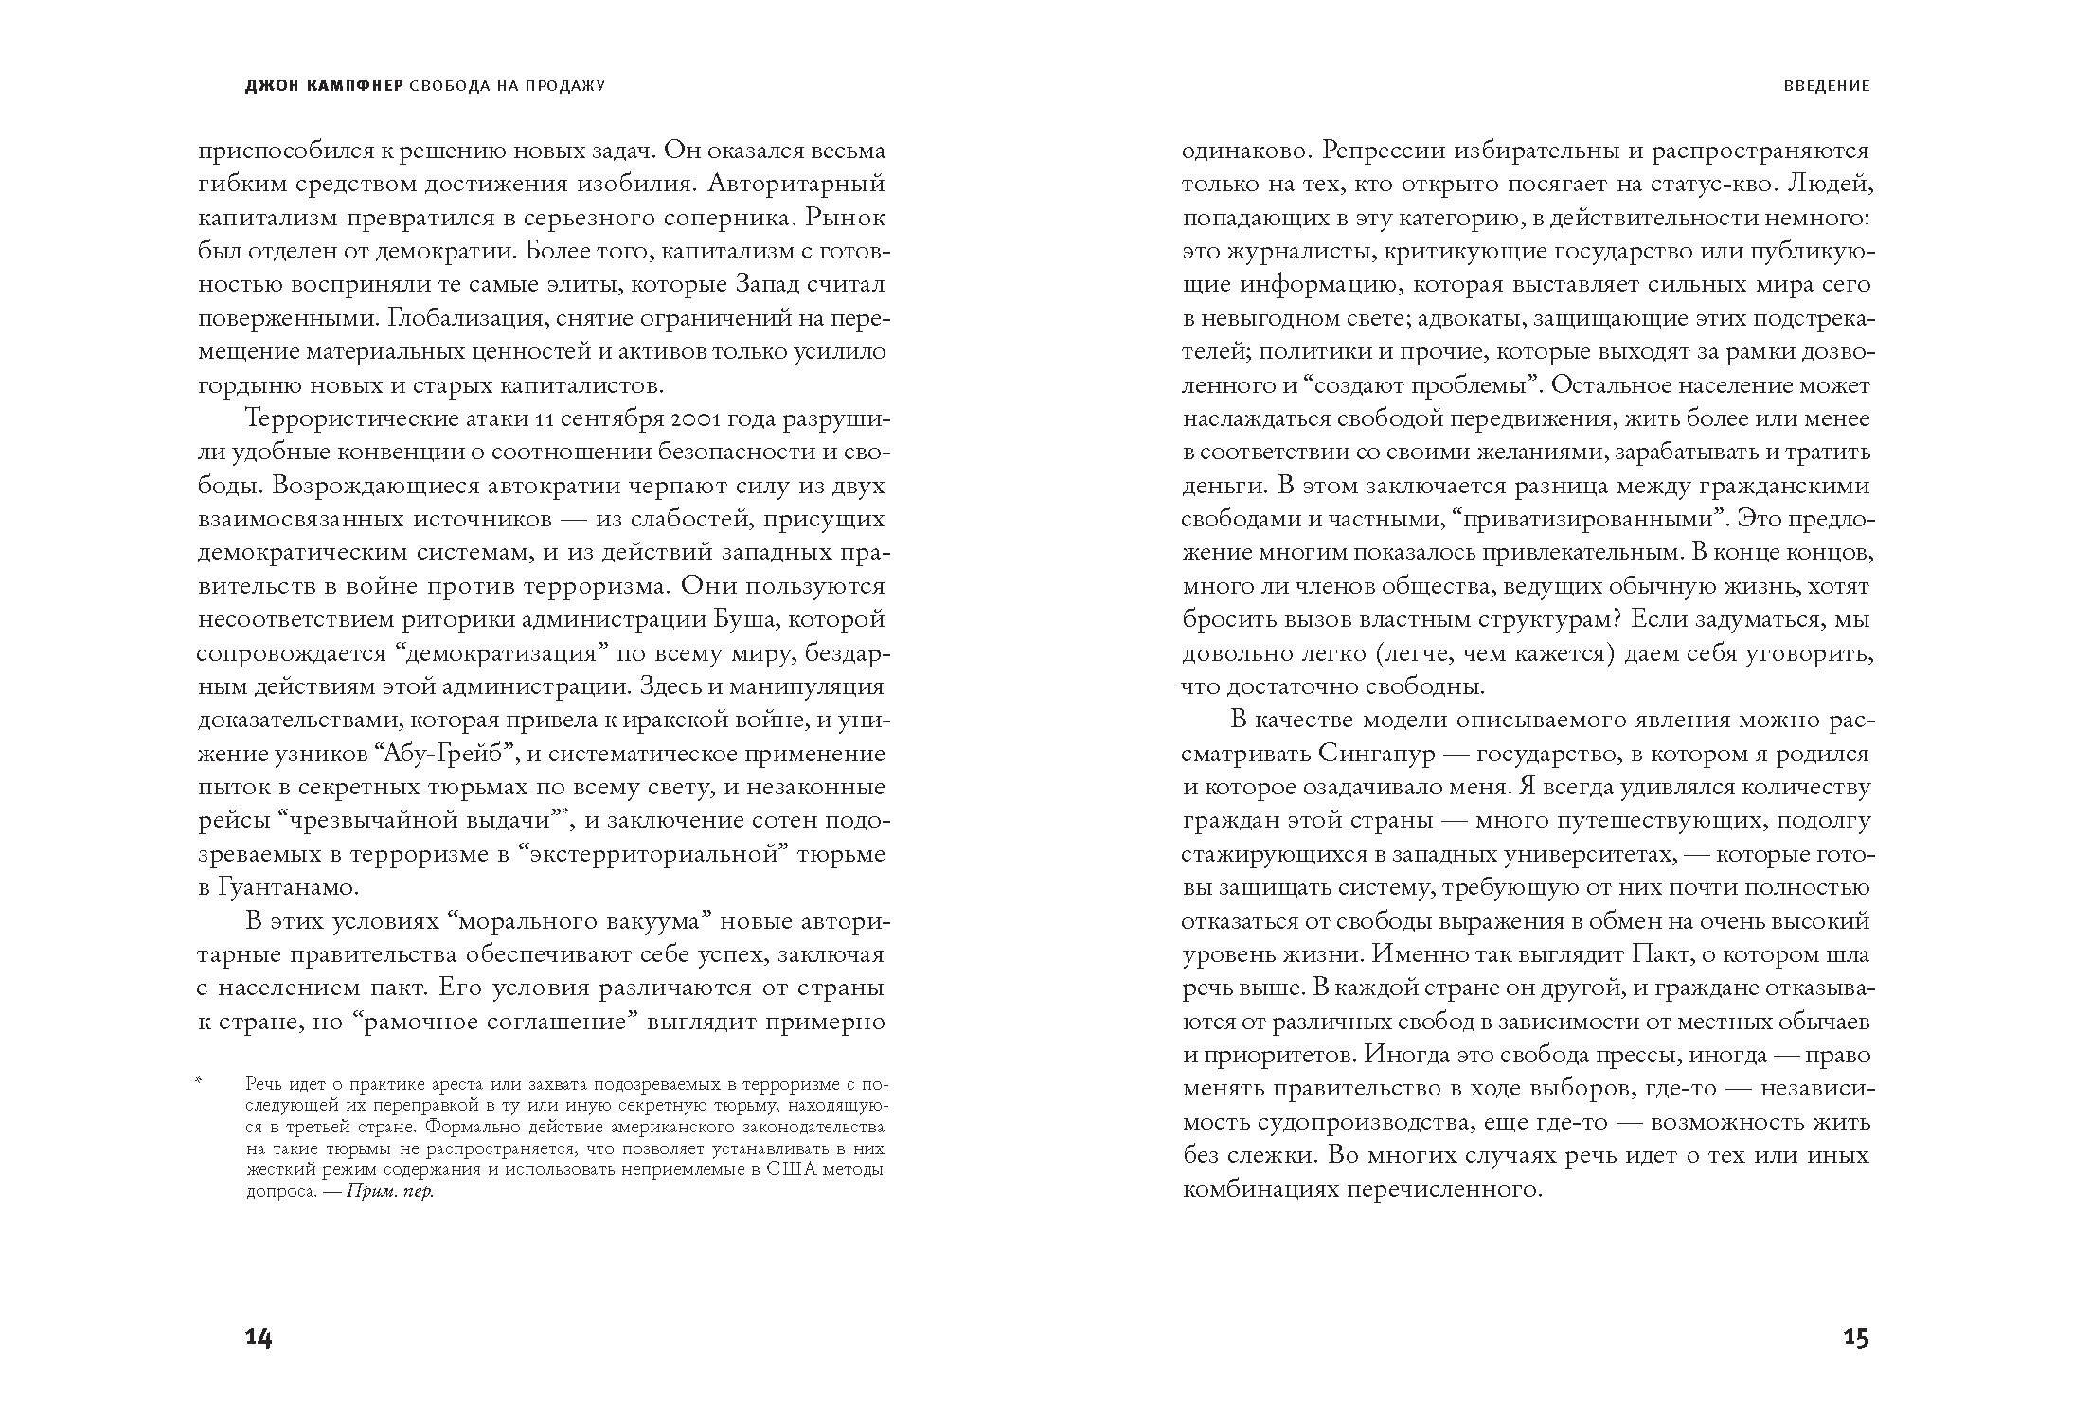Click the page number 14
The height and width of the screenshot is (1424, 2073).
pyautogui.click(x=259, y=1338)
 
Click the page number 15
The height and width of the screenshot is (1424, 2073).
pyautogui.click(x=1856, y=1338)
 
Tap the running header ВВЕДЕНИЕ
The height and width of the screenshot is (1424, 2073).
pyautogui.click(x=1827, y=85)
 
